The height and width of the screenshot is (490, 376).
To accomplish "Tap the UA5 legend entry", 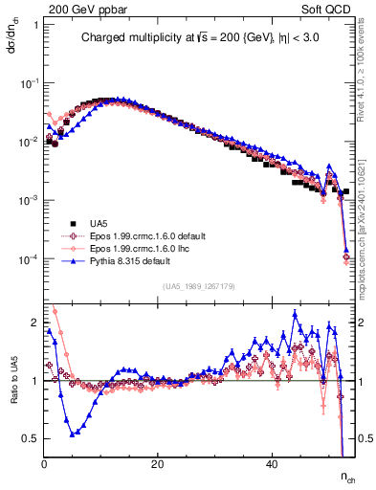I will point(94,222).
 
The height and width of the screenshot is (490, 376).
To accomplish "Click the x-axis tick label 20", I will point(158,463).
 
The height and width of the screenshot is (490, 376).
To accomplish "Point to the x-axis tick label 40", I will point(272,463).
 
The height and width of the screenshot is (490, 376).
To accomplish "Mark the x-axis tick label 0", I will point(44,463).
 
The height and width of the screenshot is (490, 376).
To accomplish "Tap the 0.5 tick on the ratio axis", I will point(32,438).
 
